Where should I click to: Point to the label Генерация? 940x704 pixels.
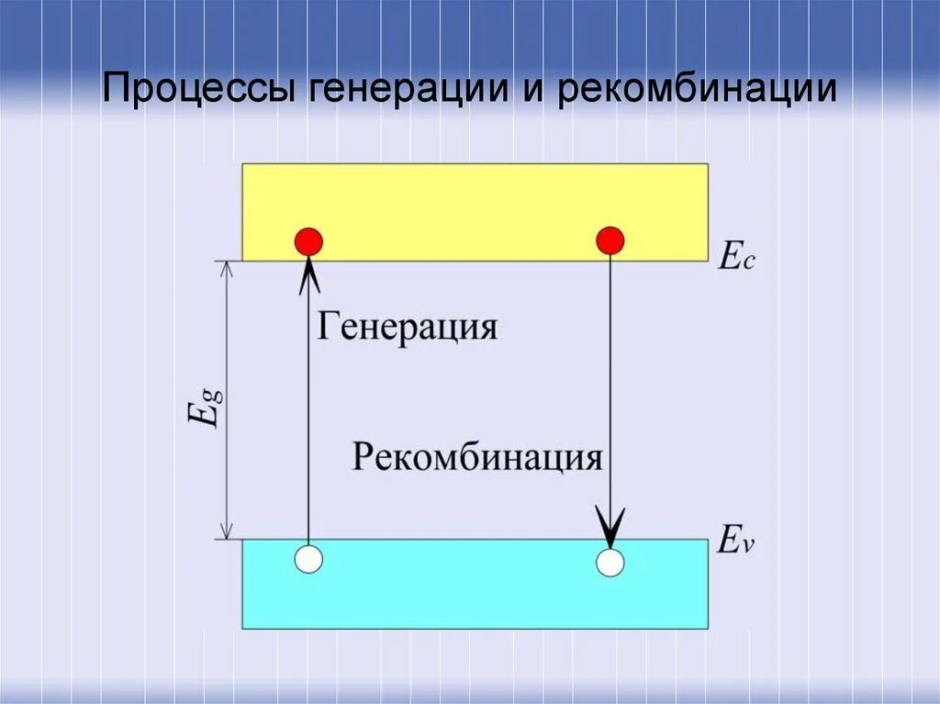408,326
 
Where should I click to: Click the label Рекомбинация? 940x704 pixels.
477,456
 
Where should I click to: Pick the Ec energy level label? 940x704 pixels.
736,258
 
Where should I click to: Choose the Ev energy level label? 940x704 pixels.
736,542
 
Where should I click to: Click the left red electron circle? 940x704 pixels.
308,241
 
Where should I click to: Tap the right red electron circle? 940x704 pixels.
610,240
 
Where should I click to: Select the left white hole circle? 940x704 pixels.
309,559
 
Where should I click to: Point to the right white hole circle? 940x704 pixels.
610,562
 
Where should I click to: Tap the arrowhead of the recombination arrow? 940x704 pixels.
610,525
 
